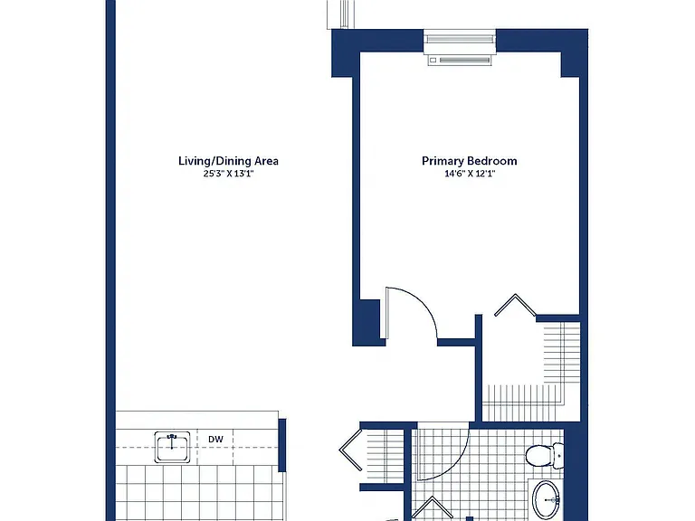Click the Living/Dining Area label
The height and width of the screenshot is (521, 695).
pos(228,161)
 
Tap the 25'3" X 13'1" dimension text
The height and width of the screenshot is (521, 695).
pos(228,174)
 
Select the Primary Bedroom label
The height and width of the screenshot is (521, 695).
pos(470,161)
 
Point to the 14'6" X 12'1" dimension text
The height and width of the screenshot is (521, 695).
pos(470,174)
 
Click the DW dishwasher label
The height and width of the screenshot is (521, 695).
pos(216,439)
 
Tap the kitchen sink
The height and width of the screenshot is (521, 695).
pos(172,447)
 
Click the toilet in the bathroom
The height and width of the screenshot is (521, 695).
pos(545,456)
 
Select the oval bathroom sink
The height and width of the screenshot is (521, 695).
pos(547,499)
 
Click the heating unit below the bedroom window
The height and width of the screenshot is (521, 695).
pos(460,60)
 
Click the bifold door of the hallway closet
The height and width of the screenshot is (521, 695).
pos(350,450)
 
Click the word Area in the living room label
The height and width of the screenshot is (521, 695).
pos(266,161)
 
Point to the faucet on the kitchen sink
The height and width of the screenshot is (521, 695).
pos(172,440)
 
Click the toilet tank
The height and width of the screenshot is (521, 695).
pos(558,456)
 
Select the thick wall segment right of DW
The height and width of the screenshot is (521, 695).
pos(282,445)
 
